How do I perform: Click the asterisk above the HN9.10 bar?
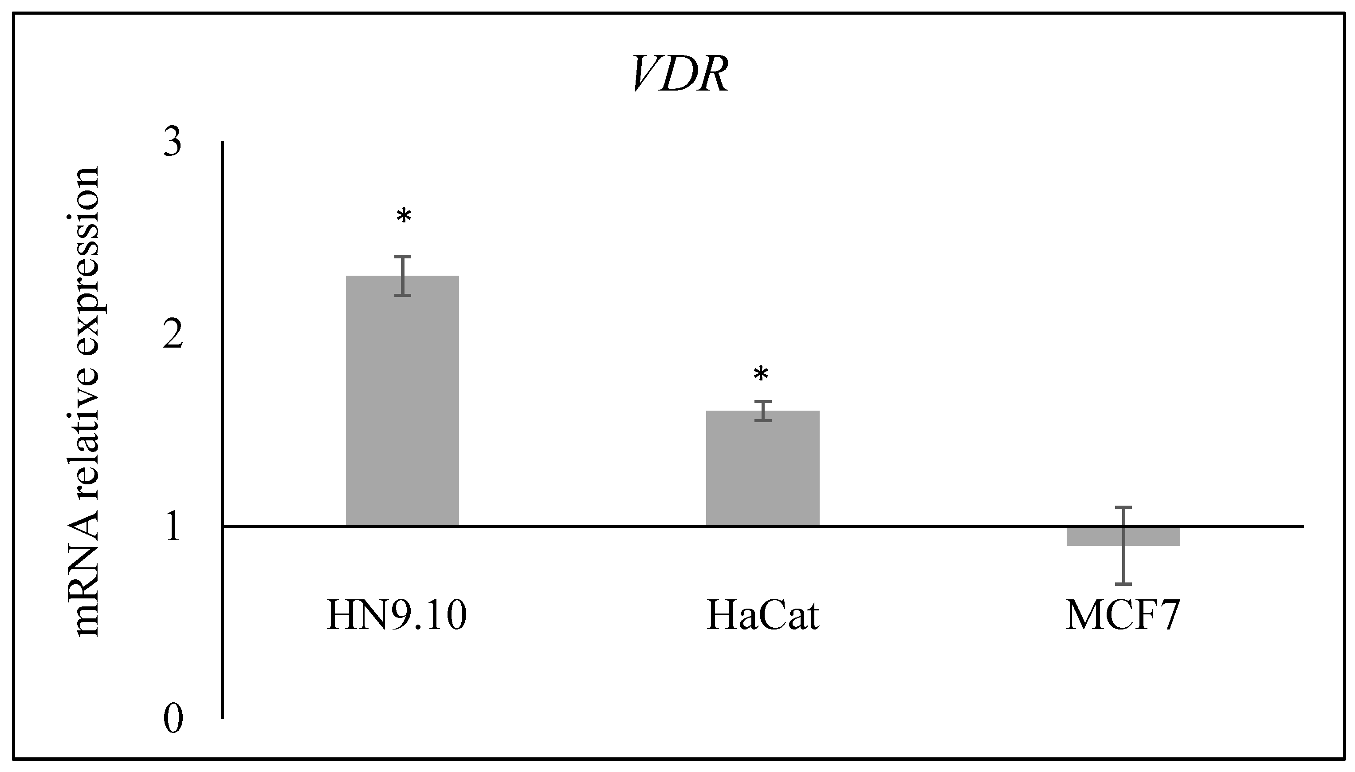click(x=404, y=217)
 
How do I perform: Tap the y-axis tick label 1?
click(x=173, y=527)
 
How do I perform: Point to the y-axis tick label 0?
click(x=173, y=720)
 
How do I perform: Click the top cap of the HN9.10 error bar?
click(x=403, y=257)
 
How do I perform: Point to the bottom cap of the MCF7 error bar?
click(x=1123, y=584)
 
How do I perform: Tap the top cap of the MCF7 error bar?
click(x=1123, y=507)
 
